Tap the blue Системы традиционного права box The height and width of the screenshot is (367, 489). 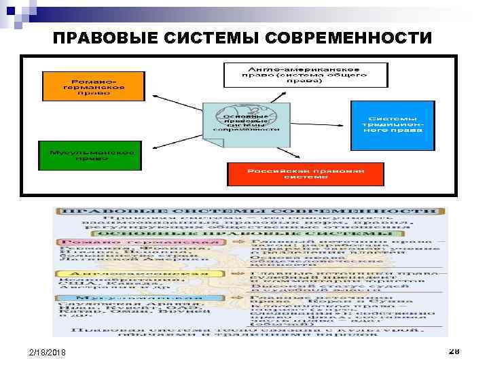[x=392, y=126]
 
